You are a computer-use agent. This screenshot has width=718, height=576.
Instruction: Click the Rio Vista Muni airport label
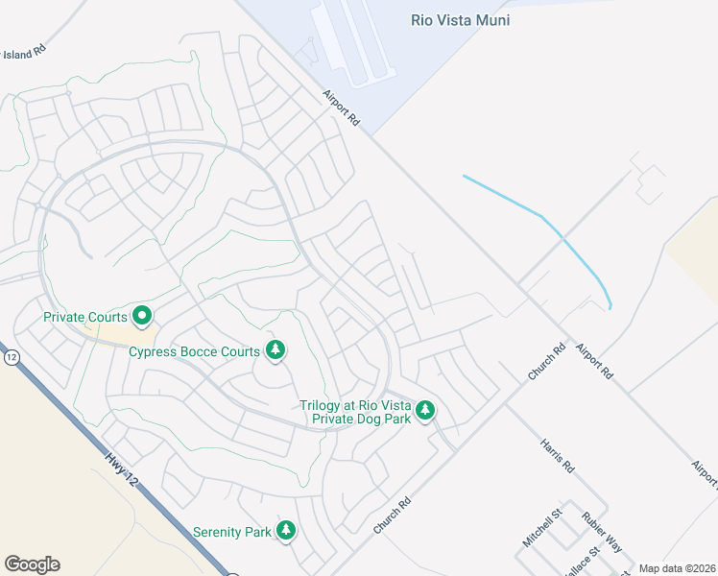(460, 20)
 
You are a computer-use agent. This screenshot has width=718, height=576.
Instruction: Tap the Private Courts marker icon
(142, 315)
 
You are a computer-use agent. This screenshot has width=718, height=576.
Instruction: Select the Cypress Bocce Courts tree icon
(276, 350)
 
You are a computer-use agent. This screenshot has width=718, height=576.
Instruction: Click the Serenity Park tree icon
(285, 531)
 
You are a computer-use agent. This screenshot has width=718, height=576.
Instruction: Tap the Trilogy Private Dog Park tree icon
(424, 411)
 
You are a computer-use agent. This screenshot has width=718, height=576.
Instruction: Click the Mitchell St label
(540, 529)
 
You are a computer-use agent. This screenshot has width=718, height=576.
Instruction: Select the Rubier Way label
(602, 532)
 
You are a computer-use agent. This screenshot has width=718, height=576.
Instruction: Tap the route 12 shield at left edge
(12, 357)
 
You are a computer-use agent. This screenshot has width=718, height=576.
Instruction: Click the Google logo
(32, 564)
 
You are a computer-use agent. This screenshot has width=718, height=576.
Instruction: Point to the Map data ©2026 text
(678, 568)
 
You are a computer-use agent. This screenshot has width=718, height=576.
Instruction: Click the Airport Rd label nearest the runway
(341, 108)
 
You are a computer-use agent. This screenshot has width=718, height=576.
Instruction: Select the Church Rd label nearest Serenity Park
(392, 516)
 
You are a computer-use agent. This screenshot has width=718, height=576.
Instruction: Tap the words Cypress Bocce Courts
(195, 351)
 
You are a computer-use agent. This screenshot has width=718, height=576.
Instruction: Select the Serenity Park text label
(231, 532)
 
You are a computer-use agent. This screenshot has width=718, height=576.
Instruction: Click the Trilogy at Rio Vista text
(354, 405)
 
